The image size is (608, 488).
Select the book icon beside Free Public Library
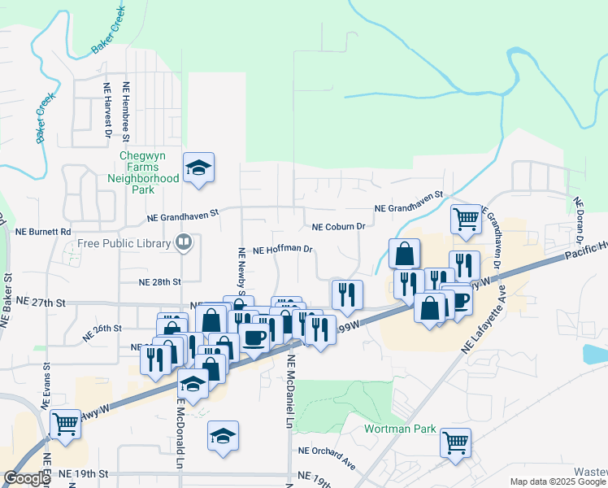click(184, 242)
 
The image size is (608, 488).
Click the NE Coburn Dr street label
click(340, 227)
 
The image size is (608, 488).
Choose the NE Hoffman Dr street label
click(282, 251)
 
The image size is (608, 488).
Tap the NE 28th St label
click(159, 281)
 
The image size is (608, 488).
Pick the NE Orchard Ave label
click(327, 456)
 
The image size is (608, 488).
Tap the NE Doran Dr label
click(579, 220)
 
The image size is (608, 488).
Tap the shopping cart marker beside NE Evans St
click(66, 423)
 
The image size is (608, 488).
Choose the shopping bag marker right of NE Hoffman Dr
click(404, 254)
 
